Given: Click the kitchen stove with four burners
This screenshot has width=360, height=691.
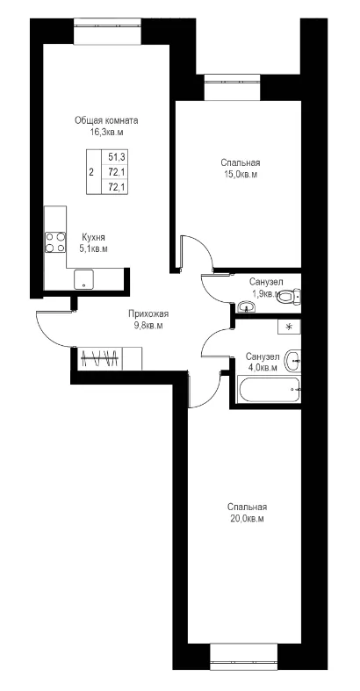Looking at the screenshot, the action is pos(55,242).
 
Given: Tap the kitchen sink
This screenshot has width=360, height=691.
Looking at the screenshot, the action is pos(83,279).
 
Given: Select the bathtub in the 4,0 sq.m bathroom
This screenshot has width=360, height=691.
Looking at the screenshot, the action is pos(269,389).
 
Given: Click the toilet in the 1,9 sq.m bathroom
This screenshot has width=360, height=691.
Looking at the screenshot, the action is pos(290,296).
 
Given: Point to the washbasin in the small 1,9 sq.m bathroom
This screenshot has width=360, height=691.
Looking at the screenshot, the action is pos(246,306).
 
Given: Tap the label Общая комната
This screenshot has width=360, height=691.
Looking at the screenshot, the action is pos(106,120).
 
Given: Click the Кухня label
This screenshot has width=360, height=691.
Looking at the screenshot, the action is pos(93,237).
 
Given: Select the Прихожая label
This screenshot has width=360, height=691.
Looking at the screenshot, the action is pos(148,314).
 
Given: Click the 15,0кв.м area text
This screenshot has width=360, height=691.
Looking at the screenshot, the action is pos(241,175).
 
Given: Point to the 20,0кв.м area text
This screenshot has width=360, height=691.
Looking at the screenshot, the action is pos(247,519).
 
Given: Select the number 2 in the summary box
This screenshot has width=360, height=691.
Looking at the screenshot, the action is pos(91,172).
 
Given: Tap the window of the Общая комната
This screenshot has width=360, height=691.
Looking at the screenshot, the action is pos(108,32).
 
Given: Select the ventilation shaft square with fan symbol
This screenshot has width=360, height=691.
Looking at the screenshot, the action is pos(289,327).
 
